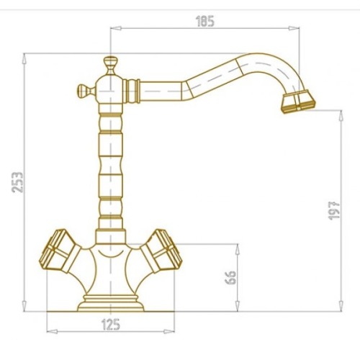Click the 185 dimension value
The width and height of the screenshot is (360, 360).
(205, 22)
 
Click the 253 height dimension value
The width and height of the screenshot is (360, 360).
(17, 182)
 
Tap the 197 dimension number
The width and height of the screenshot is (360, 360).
(334, 211)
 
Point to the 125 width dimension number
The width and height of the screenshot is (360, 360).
(111, 325)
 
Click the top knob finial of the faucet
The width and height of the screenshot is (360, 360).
(110, 65)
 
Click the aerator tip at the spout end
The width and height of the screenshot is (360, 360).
(298, 102)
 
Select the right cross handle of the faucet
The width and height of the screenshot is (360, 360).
(160, 251)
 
